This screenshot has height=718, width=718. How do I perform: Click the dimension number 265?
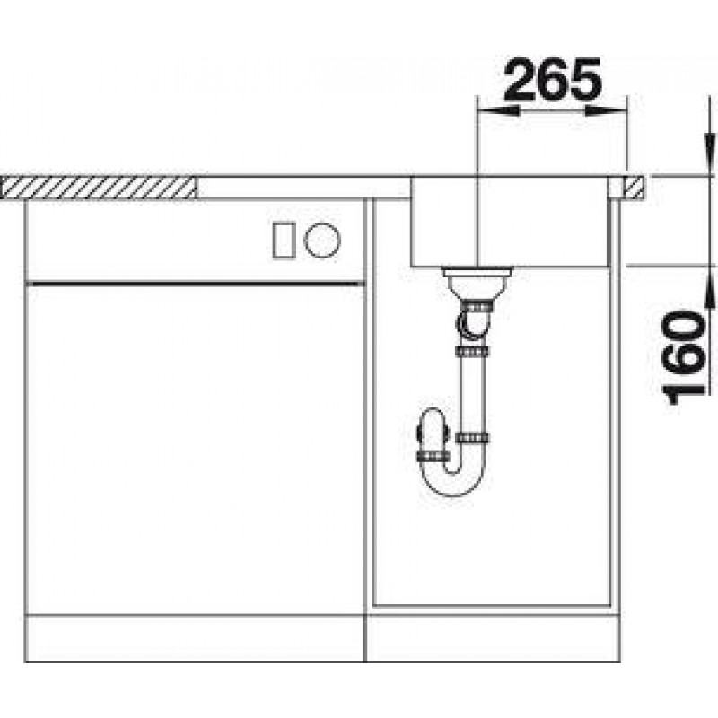coord(552,79)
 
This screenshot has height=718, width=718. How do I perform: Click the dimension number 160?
coord(683,357)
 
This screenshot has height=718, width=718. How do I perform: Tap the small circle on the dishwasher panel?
coord(322,240)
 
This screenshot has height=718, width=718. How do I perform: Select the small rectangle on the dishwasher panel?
coord(284,240)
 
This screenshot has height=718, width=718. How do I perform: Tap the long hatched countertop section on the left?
coord(98,188)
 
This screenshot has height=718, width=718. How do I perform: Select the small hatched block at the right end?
coord(635,188)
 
